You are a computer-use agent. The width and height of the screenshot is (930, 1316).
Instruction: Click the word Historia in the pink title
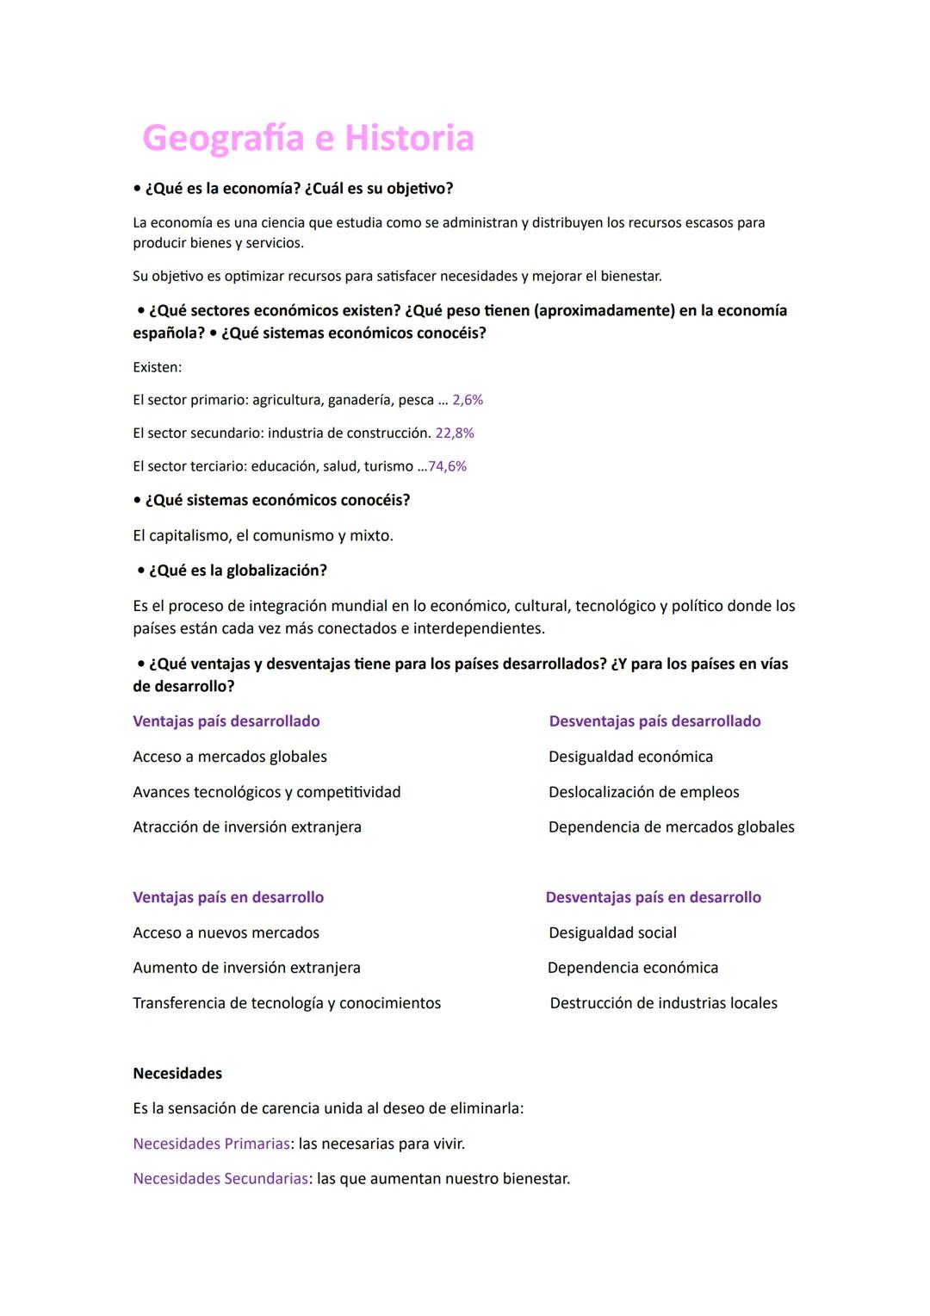click(409, 138)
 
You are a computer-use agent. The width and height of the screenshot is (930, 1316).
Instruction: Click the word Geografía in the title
click(223, 138)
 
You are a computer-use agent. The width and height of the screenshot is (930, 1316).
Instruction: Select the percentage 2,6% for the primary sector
click(468, 400)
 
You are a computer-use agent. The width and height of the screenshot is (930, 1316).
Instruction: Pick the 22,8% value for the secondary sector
click(455, 433)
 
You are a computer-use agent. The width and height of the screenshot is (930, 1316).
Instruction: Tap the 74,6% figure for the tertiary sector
click(448, 466)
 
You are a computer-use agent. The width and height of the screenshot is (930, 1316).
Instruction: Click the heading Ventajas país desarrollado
click(226, 721)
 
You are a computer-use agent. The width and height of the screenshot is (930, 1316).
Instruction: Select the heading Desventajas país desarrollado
click(654, 721)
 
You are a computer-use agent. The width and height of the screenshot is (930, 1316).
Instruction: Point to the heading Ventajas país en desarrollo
click(228, 897)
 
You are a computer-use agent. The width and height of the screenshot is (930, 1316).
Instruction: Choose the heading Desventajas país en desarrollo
click(653, 897)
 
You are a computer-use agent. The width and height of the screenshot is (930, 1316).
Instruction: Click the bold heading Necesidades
click(177, 1073)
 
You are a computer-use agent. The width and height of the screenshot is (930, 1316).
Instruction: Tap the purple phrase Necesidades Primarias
click(211, 1144)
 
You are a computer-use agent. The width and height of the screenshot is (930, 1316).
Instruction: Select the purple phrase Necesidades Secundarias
click(220, 1178)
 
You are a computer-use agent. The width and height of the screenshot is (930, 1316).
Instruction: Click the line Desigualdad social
click(612, 932)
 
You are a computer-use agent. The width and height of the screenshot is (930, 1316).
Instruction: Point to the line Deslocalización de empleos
click(643, 792)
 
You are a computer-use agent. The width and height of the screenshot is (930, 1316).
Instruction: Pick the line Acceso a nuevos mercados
click(226, 932)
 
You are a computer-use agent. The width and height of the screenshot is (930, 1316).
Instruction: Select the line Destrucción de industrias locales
click(663, 1003)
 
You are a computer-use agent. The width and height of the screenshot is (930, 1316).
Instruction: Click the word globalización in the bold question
click(276, 571)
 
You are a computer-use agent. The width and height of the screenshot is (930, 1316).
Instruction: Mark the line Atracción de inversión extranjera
click(247, 827)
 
